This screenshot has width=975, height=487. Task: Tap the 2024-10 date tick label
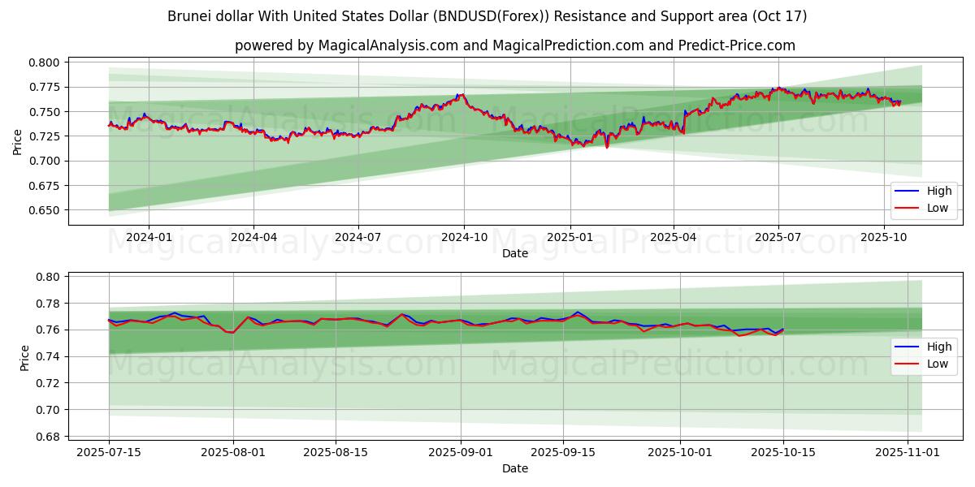click(464, 237)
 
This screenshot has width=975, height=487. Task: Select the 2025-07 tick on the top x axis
click(778, 237)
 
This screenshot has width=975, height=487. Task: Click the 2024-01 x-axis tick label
click(149, 237)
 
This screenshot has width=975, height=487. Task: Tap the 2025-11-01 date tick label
click(906, 452)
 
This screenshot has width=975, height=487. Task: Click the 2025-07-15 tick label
click(109, 452)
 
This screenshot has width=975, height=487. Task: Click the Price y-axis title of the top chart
click(18, 141)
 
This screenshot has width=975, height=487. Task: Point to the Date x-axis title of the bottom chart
click(515, 468)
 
